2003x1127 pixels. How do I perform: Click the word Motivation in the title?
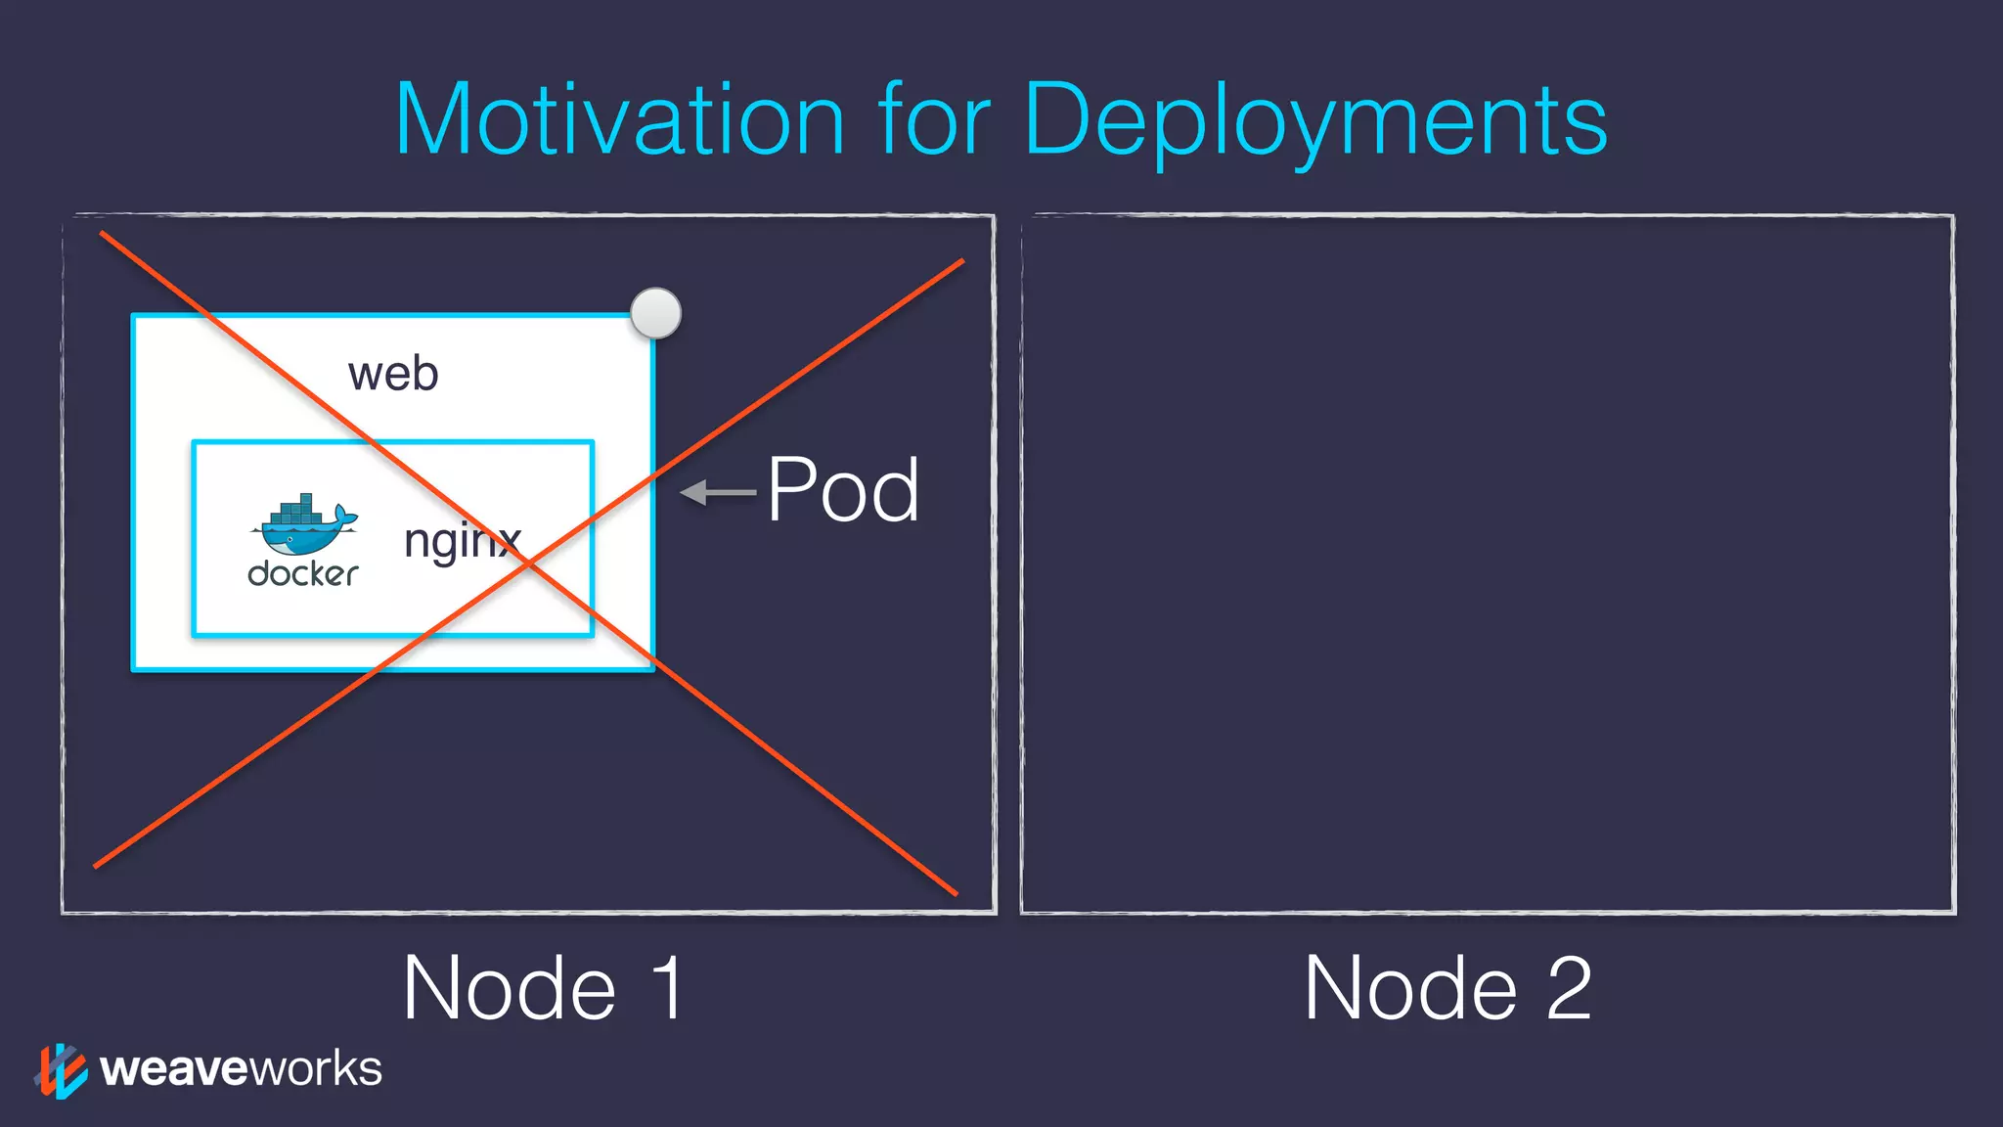click(619, 119)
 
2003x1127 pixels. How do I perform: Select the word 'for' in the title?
click(934, 119)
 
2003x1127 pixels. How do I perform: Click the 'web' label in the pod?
click(393, 374)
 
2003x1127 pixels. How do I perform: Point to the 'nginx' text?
click(462, 541)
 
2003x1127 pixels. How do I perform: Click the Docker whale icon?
click(305, 525)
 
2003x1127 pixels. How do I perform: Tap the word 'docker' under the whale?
click(303, 573)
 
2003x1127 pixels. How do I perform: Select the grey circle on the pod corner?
click(655, 313)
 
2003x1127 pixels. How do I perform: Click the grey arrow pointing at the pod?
click(718, 492)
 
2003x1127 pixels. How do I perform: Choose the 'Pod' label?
click(843, 490)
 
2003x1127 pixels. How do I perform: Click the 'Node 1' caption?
click(543, 988)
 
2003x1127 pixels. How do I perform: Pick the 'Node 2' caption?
click(1448, 988)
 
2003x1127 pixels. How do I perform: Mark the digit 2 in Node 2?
click(1569, 988)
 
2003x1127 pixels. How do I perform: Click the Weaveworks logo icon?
click(61, 1070)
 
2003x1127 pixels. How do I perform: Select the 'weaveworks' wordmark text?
click(241, 1068)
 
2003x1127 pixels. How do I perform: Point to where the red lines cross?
click(527, 563)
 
